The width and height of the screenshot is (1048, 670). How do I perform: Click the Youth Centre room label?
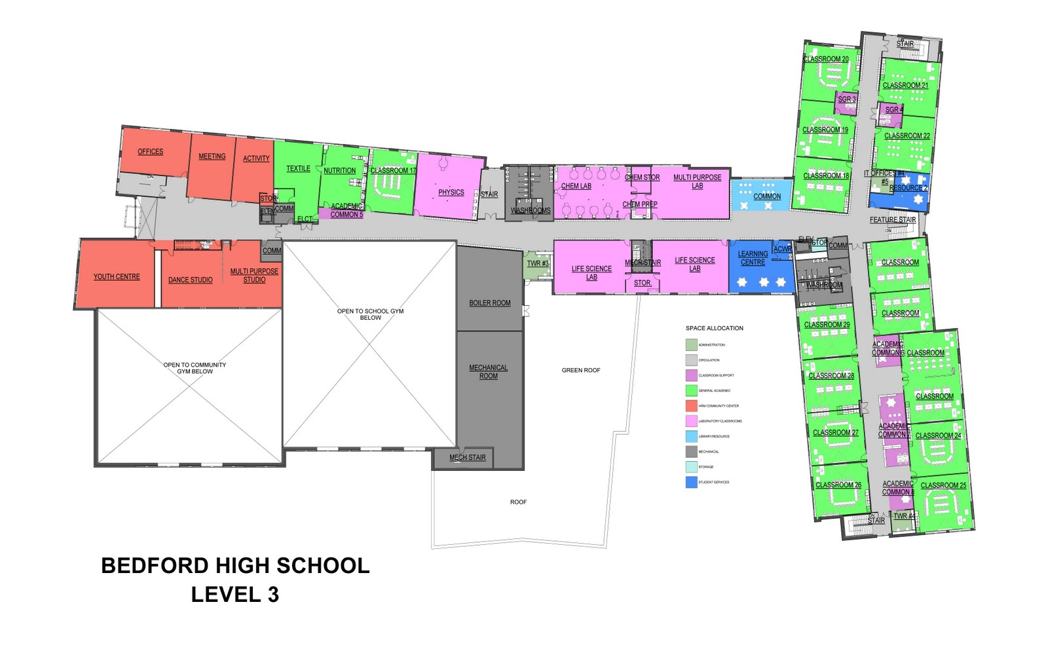click(x=117, y=276)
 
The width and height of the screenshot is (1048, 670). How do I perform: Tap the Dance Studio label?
click(x=190, y=280)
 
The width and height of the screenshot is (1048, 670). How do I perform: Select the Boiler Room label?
click(x=489, y=303)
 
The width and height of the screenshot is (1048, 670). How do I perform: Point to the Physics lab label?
click(x=451, y=192)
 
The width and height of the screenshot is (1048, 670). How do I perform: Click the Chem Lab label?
click(x=576, y=186)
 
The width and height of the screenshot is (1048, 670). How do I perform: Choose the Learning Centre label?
click(x=753, y=258)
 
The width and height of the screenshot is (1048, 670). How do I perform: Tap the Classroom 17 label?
click(x=393, y=170)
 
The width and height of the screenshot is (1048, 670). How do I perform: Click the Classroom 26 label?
click(x=838, y=485)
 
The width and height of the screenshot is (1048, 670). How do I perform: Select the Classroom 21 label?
click(x=905, y=85)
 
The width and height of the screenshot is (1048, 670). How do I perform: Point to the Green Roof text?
click(x=580, y=370)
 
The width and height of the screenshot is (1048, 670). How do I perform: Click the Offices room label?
click(x=150, y=151)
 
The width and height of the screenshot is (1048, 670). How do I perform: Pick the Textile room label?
click(x=298, y=168)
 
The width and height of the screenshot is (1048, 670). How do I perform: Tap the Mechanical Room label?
click(x=488, y=371)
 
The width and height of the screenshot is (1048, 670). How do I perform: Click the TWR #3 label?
click(x=538, y=263)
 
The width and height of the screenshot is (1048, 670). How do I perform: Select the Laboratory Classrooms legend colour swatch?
click(x=691, y=421)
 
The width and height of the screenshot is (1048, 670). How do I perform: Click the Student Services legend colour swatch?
click(x=691, y=482)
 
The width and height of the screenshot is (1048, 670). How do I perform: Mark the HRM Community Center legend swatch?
click(x=691, y=406)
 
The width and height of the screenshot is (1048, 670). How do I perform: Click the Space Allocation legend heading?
click(x=714, y=328)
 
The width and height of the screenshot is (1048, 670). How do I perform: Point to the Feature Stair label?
click(x=892, y=219)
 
